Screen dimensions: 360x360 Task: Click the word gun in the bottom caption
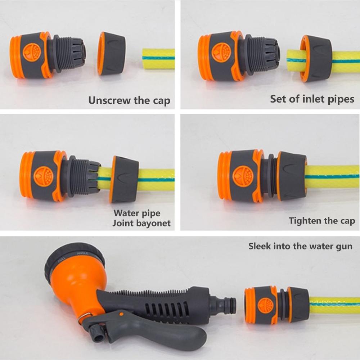point(343,247)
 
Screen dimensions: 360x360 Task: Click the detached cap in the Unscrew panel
point(111,53)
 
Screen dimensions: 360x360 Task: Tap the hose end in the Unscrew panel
point(158,58)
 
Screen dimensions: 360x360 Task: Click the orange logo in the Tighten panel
point(243,176)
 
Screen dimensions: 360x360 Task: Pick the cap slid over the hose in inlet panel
point(316,58)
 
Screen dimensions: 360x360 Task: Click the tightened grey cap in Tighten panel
point(292,176)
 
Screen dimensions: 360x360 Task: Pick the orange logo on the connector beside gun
point(266,305)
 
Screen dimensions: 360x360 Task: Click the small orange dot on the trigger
point(121,314)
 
